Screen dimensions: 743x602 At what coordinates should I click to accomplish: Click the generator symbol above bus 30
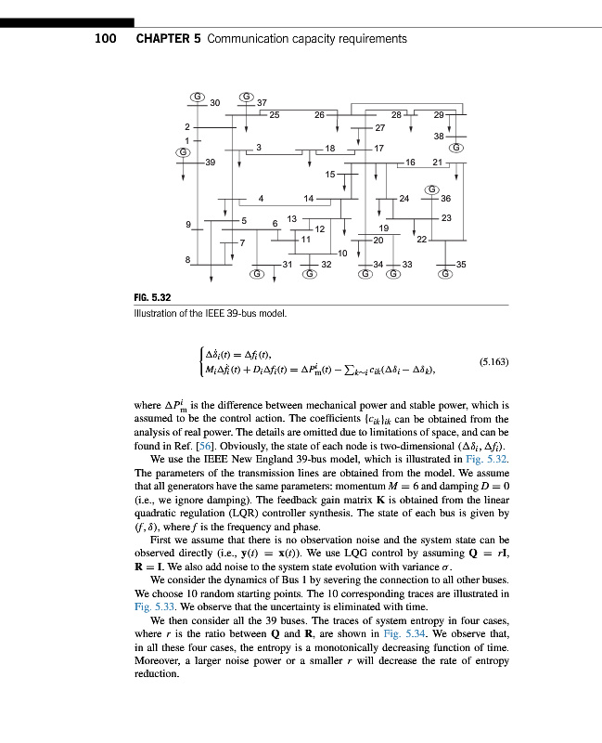point(197,97)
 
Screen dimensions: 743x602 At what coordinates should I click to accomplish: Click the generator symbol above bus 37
point(248,97)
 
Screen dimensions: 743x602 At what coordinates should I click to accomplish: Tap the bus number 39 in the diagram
point(211,162)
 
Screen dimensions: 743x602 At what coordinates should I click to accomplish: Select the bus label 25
point(275,114)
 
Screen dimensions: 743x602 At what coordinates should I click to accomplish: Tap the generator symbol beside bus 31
point(258,274)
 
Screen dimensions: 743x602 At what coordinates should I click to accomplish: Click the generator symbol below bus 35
point(446,274)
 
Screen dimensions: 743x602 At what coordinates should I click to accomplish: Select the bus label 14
point(309,198)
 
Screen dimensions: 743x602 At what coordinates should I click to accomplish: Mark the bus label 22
point(421,239)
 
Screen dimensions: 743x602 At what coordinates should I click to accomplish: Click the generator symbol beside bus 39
point(185,150)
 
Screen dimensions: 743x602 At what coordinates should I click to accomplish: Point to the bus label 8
point(187,259)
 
